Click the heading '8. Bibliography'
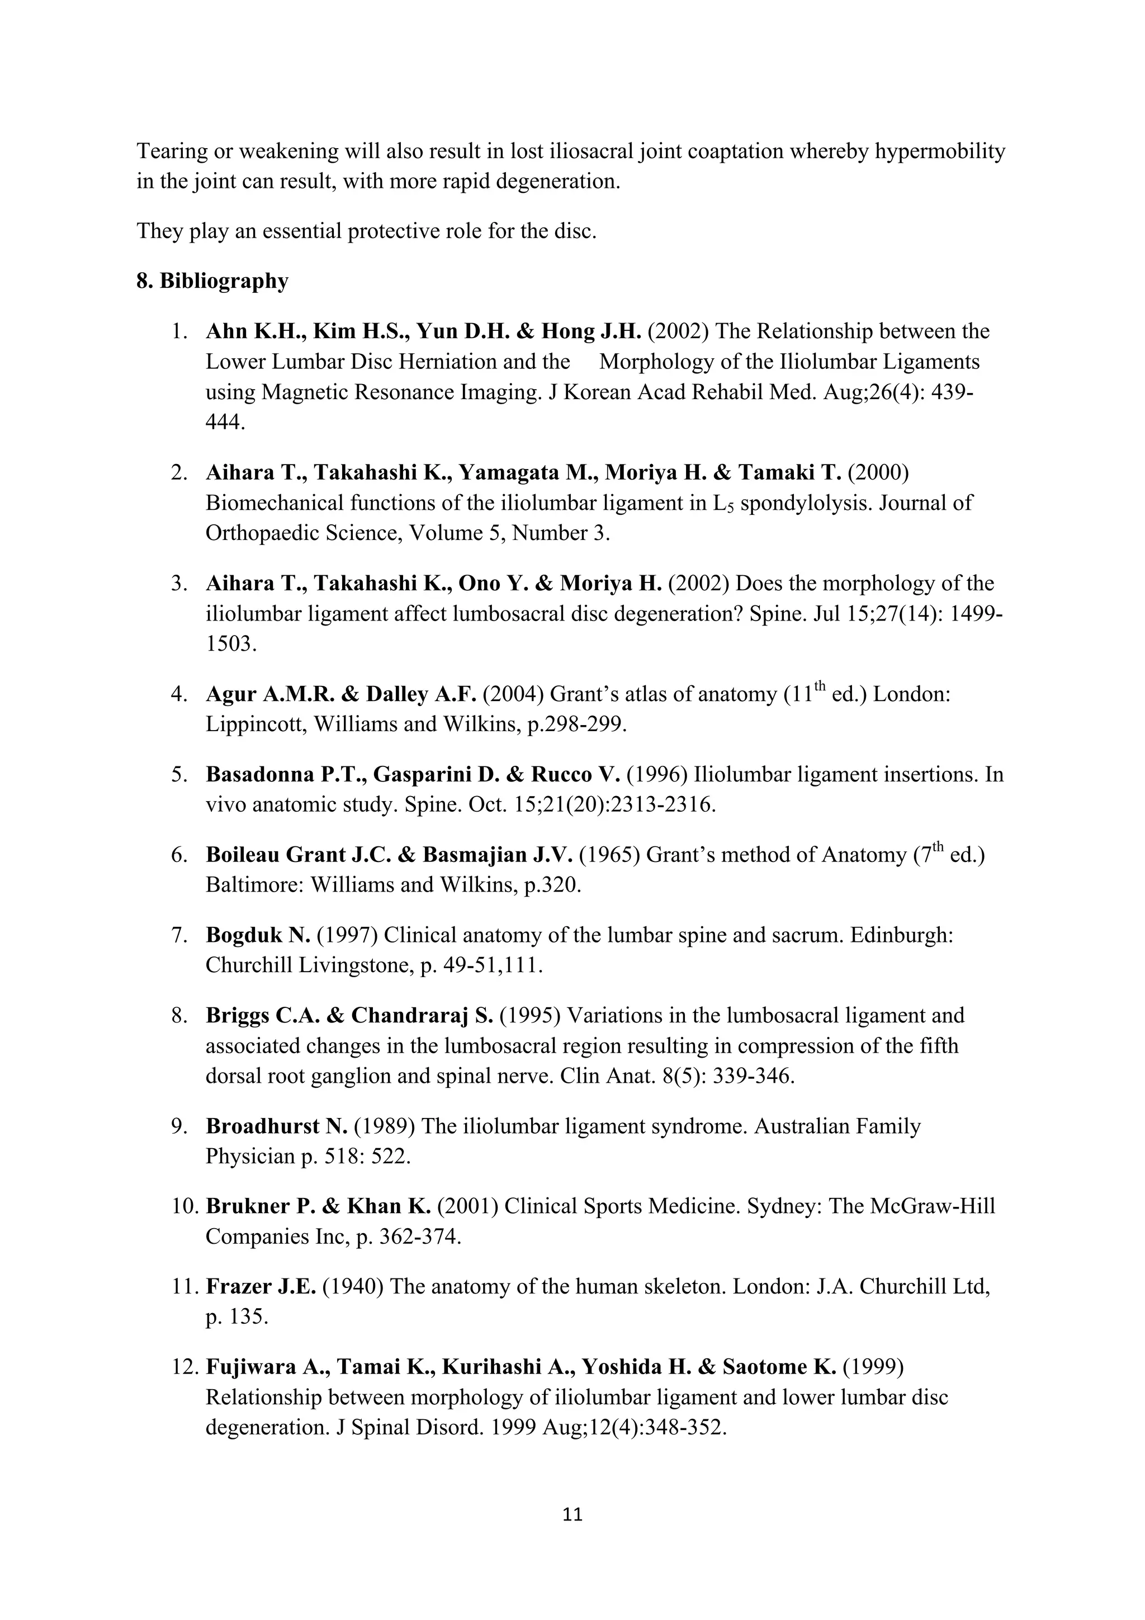(x=212, y=281)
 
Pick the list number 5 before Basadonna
(x=178, y=775)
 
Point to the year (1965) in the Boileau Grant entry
(x=609, y=855)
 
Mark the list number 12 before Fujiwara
(x=182, y=1367)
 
